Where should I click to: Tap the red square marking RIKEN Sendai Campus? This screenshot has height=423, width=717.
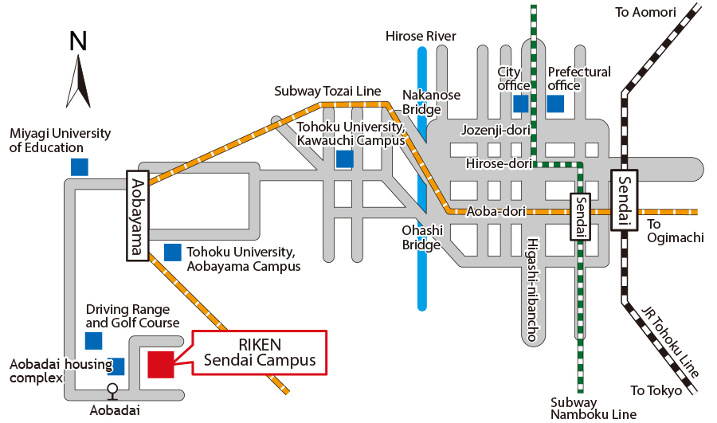tap(160, 363)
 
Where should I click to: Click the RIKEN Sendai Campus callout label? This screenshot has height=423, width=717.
tap(259, 352)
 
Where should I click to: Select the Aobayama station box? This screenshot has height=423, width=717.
tap(137, 215)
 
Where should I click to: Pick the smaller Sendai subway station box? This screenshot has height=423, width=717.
tap(580, 217)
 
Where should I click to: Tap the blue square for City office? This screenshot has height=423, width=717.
tap(521, 104)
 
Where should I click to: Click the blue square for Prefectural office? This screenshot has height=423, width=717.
tap(555, 104)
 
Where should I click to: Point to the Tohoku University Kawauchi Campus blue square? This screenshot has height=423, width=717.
tap(344, 159)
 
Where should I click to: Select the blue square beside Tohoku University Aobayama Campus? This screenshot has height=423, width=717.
tap(172, 253)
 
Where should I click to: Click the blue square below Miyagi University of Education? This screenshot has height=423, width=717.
tap(79, 166)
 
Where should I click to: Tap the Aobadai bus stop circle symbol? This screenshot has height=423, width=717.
tap(112, 390)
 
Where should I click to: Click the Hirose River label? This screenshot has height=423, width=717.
tap(421, 36)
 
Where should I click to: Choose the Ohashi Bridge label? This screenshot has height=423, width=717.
tap(421, 237)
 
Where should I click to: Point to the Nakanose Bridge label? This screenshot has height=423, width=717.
tap(431, 102)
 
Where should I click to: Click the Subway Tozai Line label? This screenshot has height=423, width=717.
tap(327, 91)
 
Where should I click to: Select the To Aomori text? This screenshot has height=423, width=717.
tap(645, 12)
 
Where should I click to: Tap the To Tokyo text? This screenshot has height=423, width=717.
tap(656, 390)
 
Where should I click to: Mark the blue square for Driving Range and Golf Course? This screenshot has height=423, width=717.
tap(94, 341)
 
